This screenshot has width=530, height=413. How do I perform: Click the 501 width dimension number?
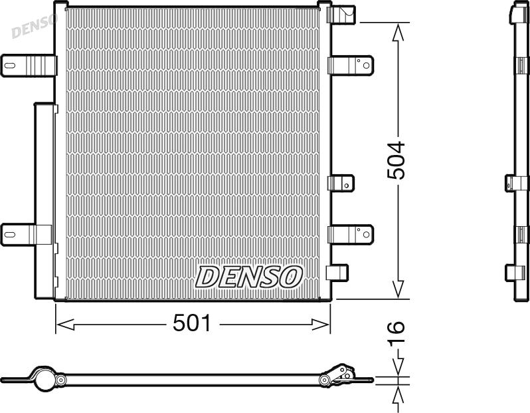pyautogui.click(x=192, y=323)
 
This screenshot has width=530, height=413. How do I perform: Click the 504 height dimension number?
pyautogui.click(x=396, y=160)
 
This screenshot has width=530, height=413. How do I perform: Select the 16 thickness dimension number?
pyautogui.click(x=396, y=334)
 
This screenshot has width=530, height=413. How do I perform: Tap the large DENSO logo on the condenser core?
pyautogui.click(x=249, y=277)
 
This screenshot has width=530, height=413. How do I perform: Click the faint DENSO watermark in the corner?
pyautogui.click(x=34, y=25)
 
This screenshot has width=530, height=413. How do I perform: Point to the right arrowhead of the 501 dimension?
pyautogui.click(x=320, y=325)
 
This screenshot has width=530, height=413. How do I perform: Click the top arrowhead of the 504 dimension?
pyautogui.click(x=398, y=32)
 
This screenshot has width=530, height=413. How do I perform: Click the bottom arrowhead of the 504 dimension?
pyautogui.click(x=398, y=289)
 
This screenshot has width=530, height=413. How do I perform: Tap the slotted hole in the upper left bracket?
pyautogui.click(x=9, y=65)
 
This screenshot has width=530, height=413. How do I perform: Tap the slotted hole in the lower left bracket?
pyautogui.click(x=9, y=234)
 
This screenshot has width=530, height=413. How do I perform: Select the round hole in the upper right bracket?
pyautogui.click(x=367, y=66)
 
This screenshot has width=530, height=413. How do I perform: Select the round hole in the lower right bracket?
pyautogui.click(x=367, y=234)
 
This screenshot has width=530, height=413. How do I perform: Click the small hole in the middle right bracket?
pyautogui.click(x=347, y=185)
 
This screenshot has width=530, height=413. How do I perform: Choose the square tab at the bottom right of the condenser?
pyautogui.click(x=337, y=273)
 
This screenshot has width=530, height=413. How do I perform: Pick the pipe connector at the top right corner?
pyautogui.click(x=341, y=14)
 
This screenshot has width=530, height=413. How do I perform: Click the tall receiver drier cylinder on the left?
pyautogui.click(x=44, y=201)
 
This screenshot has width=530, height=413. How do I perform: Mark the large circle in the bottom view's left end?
pyautogui.click(x=44, y=380)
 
